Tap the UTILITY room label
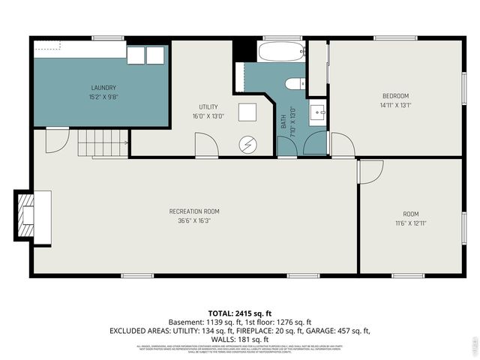click(208, 106)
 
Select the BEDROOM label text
click(395, 95)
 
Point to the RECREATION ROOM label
click(193, 211)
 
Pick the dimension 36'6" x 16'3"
click(193, 220)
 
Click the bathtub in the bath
click(281, 52)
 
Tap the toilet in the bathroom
click(294, 83)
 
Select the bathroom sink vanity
click(317, 112)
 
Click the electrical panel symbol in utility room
click(247, 143)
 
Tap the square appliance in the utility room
click(247, 112)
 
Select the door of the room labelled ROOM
click(369, 171)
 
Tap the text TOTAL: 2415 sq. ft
click(239, 312)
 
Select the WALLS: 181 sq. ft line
click(239, 339)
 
